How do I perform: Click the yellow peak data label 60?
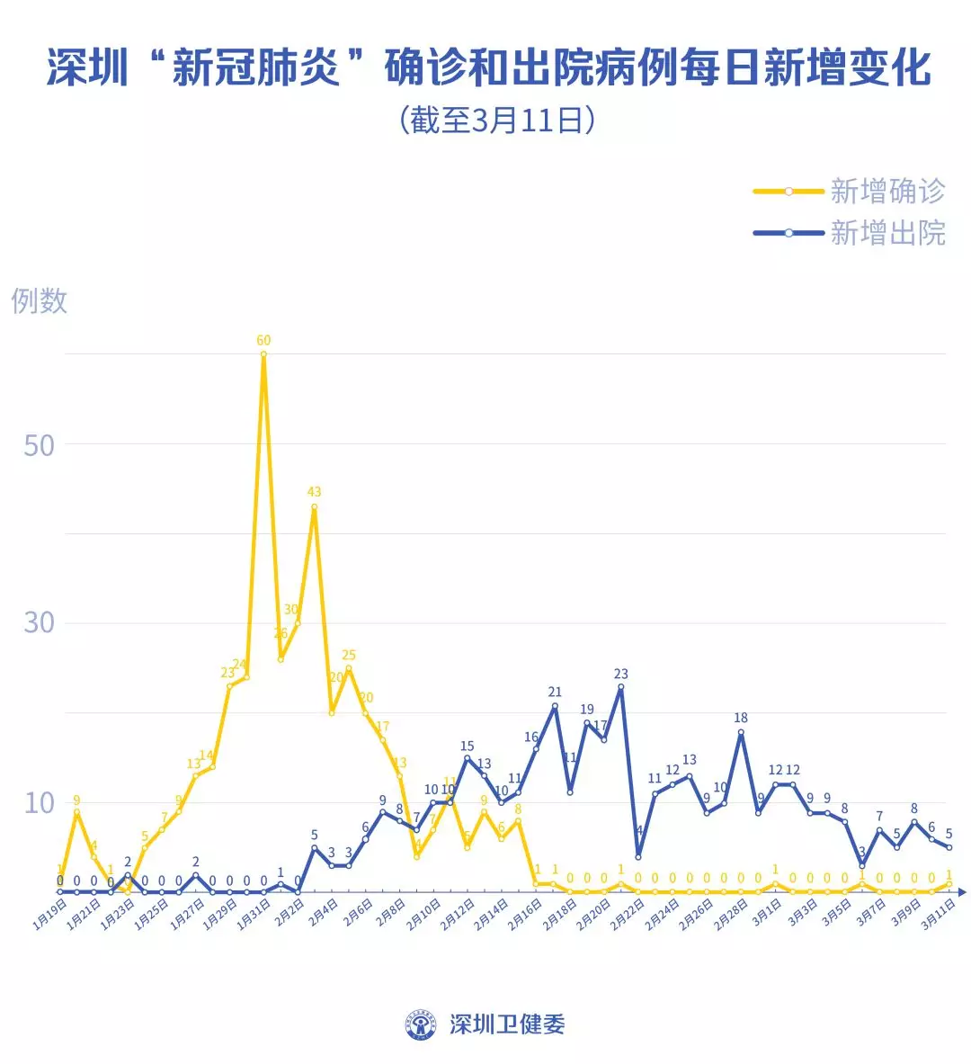(x=263, y=341)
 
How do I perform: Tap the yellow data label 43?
(x=314, y=492)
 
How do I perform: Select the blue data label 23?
(x=620, y=674)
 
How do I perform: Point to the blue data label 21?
(x=555, y=692)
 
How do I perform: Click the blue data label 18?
(x=741, y=718)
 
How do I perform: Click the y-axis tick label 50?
(x=39, y=445)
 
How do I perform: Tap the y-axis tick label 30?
(x=39, y=622)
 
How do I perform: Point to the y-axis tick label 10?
(x=39, y=802)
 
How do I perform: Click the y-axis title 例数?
(x=40, y=300)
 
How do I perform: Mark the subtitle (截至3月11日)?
(x=497, y=120)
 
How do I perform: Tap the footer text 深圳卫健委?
(x=507, y=1024)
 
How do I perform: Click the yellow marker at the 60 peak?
(x=263, y=354)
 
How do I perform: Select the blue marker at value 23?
(x=620, y=687)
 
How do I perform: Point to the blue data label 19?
(x=587, y=710)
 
